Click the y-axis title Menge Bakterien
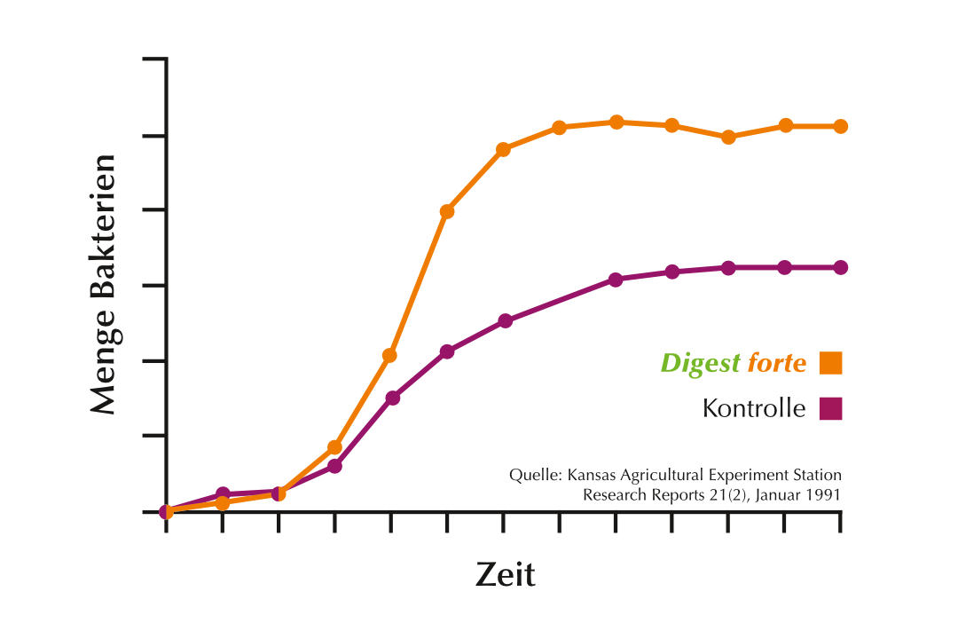pyautogui.click(x=104, y=285)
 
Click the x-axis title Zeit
pyautogui.click(x=505, y=574)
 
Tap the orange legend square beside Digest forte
pyautogui.click(x=830, y=363)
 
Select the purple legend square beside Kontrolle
pyautogui.click(x=830, y=408)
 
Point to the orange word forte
pyautogui.click(x=777, y=363)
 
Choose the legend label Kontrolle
pyautogui.click(x=754, y=408)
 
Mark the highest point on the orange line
pyautogui.click(x=616, y=122)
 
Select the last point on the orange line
pyautogui.click(x=840, y=126)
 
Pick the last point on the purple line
pyautogui.click(x=840, y=267)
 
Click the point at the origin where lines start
pyautogui.click(x=166, y=511)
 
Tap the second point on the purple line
pyautogui.click(x=223, y=493)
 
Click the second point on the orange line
pyautogui.click(x=223, y=503)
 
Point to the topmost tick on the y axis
pyautogui.click(x=154, y=59)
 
